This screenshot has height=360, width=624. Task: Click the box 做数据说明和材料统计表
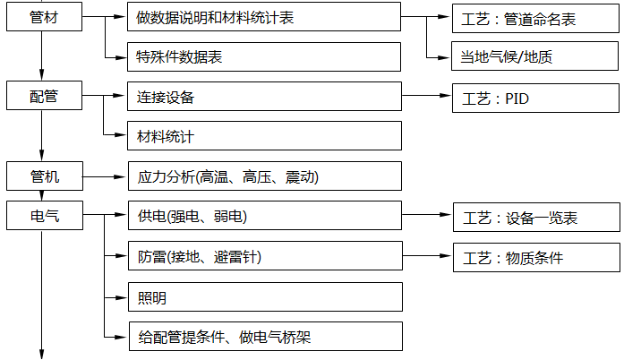[x=265, y=16]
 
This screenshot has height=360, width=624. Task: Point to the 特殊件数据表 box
[x=265, y=56]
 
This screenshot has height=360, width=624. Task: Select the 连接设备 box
[x=265, y=96]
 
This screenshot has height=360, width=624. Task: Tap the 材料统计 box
[x=265, y=136]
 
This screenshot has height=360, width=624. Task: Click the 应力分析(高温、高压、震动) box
[x=265, y=176]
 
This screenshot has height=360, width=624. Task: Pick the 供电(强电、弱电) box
[x=265, y=216]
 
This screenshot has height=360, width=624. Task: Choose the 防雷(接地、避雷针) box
[x=265, y=256]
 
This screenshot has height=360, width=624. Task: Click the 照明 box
[x=265, y=296]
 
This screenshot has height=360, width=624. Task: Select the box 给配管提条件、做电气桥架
[x=265, y=337]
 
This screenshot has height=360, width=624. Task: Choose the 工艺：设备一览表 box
[x=535, y=216]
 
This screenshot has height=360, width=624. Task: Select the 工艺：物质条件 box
[x=535, y=256]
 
